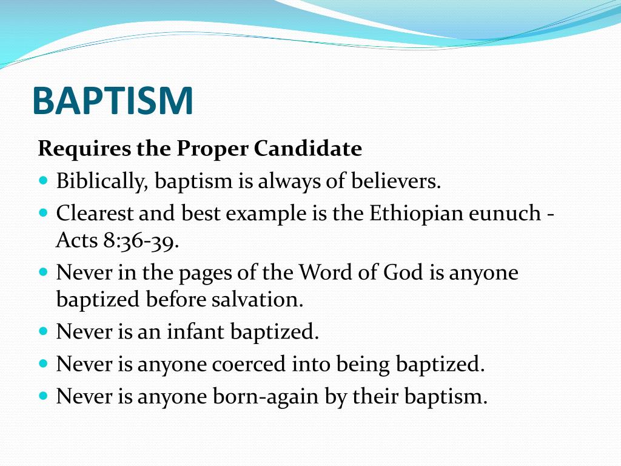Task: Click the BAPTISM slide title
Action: click(113, 101)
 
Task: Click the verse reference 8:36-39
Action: click(140, 241)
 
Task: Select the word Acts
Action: click(76, 241)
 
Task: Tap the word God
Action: click(403, 272)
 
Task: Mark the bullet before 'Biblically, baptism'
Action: click(42, 181)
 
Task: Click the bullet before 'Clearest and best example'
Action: click(42, 213)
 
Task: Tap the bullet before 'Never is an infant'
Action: click(42, 332)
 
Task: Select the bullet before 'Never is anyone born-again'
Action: click(42, 396)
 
